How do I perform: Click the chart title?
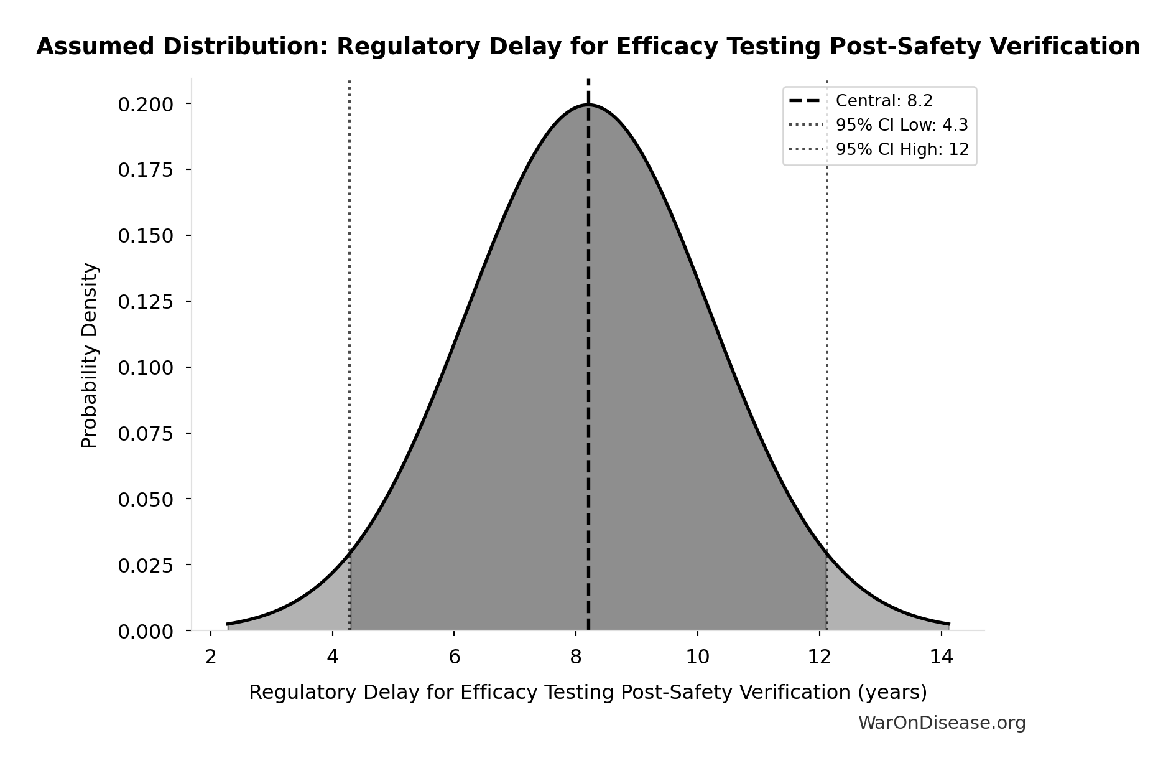click(588, 47)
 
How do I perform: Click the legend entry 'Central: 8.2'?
click(884, 101)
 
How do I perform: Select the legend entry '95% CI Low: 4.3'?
click(901, 125)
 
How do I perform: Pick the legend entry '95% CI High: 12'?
click(902, 149)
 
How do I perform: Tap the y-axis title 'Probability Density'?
click(90, 355)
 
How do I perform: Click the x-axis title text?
click(588, 692)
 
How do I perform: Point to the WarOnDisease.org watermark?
click(942, 723)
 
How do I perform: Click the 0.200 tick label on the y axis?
click(146, 104)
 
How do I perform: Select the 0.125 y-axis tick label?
click(146, 302)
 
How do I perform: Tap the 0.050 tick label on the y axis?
click(146, 500)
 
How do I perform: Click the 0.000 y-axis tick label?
click(146, 632)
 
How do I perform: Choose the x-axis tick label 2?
click(211, 657)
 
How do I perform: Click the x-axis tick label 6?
click(454, 657)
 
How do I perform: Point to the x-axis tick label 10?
click(698, 657)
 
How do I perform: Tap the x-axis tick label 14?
click(942, 657)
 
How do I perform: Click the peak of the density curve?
click(588, 105)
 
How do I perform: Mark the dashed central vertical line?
click(588, 373)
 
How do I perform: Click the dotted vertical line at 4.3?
click(350, 311)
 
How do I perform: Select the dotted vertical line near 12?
click(827, 311)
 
